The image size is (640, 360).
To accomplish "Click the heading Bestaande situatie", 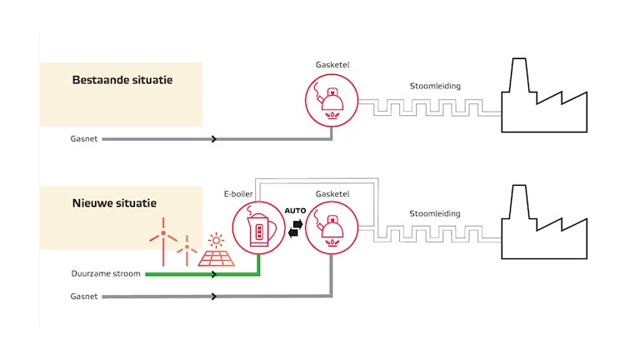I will tap(121, 81).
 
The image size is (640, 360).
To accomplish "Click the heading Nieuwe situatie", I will tap(114, 202).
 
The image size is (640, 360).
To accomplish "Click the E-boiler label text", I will tap(237, 193).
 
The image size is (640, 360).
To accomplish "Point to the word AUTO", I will tap(297, 212).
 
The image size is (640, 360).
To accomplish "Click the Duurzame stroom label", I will tap(103, 273).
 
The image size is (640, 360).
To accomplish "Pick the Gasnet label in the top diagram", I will tap(84, 139).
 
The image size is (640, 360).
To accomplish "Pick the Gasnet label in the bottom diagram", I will tap(84, 296).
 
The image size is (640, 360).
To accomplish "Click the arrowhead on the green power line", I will tap(215, 273).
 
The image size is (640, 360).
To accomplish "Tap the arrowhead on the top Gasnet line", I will tap(215, 139).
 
